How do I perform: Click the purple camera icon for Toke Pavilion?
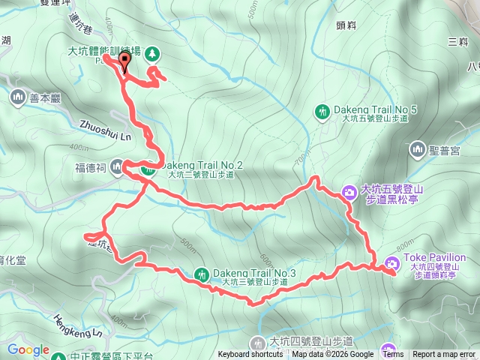tap(391, 262)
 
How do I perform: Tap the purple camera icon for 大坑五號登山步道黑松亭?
tap(349, 193)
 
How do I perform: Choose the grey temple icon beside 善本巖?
tap(18, 96)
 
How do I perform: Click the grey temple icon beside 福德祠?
tap(117, 166)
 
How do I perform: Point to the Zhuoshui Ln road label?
tap(104, 133)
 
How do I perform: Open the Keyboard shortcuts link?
tap(250, 355)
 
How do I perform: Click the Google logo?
tap(28, 349)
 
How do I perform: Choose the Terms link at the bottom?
tap(392, 355)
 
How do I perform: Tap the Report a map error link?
tap(445, 355)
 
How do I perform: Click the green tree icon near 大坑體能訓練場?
tap(152, 53)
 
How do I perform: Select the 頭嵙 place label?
tap(345, 25)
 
